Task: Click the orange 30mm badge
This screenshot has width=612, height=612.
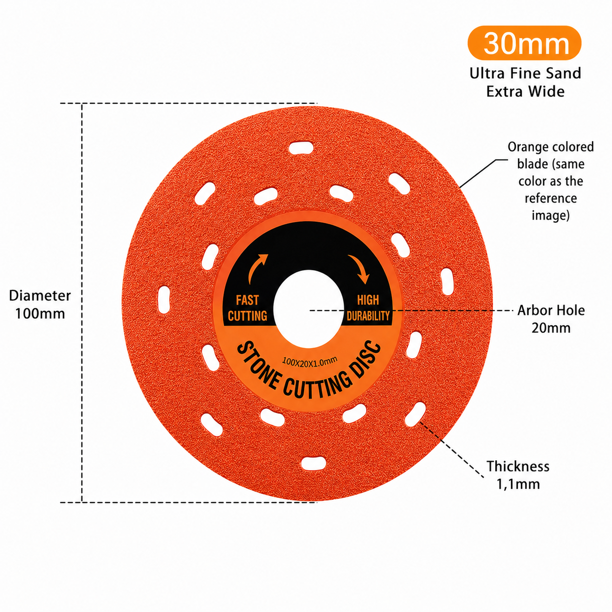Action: [524, 43]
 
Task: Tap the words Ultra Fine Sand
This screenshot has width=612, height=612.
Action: [525, 73]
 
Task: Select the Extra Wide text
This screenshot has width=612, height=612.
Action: [525, 92]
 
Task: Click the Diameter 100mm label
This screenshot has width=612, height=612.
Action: [40, 305]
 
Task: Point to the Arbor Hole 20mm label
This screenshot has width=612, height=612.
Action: [551, 319]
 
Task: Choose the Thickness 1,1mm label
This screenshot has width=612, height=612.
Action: [518, 475]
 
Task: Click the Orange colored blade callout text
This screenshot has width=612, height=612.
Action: [551, 181]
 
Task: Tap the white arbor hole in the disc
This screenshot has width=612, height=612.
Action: [308, 309]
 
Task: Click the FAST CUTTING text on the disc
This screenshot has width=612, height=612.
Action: [247, 308]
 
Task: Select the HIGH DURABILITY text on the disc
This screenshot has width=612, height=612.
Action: [368, 308]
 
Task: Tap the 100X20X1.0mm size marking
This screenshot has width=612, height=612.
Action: [309, 361]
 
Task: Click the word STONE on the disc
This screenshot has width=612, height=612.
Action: [257, 365]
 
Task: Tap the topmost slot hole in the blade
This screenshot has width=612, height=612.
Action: [301, 148]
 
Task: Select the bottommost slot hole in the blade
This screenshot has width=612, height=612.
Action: [313, 464]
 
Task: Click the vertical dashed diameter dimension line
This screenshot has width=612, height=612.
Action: [82, 303]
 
